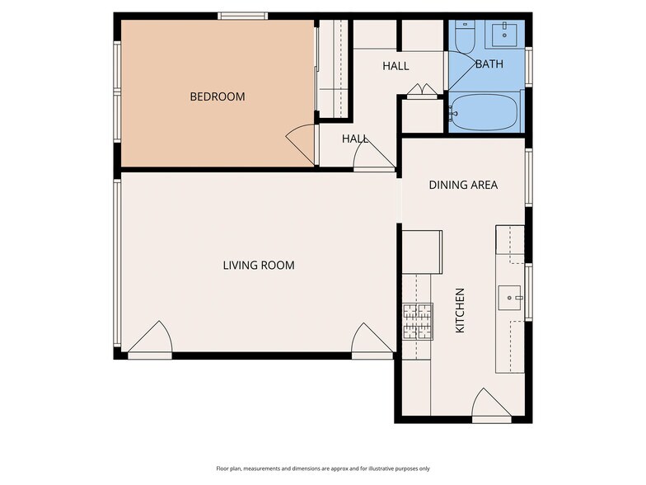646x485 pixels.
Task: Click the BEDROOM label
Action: tap(218, 97)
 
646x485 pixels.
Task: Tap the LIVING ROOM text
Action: tap(258, 266)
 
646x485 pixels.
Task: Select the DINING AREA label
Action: tap(463, 185)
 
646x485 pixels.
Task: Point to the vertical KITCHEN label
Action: tap(461, 310)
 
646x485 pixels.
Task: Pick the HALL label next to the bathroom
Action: tap(396, 65)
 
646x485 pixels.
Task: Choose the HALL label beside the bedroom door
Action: tap(355, 139)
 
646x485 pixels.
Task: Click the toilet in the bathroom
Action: tap(465, 37)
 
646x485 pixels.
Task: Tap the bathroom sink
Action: tap(502, 35)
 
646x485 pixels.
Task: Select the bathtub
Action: tap(484, 112)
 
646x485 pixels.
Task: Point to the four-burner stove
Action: tap(417, 321)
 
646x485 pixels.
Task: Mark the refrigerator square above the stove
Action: tap(422, 252)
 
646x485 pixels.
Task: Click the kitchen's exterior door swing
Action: tap(490, 403)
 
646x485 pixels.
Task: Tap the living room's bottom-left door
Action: tap(151, 340)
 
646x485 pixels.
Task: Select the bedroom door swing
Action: tap(302, 145)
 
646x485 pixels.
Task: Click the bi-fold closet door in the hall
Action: tap(422, 91)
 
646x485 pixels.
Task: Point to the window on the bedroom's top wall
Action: tap(242, 16)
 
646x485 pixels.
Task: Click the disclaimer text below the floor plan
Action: tap(323, 468)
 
